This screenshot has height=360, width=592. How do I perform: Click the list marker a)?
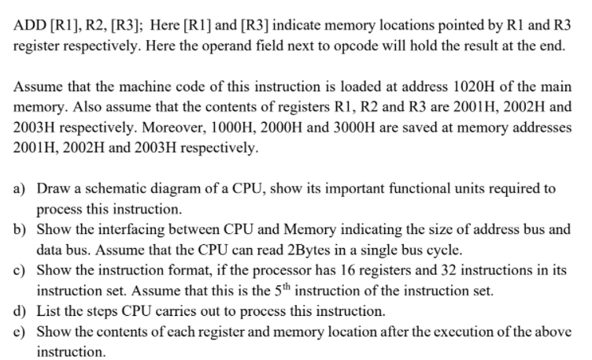21,189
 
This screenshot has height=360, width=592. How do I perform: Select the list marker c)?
21,270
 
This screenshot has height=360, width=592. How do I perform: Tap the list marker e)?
21,331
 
